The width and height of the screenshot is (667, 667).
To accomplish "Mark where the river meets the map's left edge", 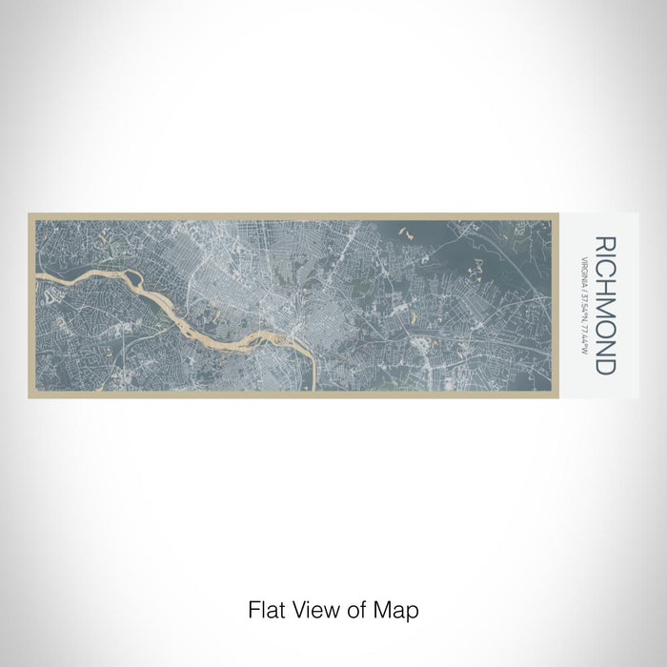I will [x=38, y=279].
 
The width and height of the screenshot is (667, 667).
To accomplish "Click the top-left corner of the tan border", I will [x=30, y=213].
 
